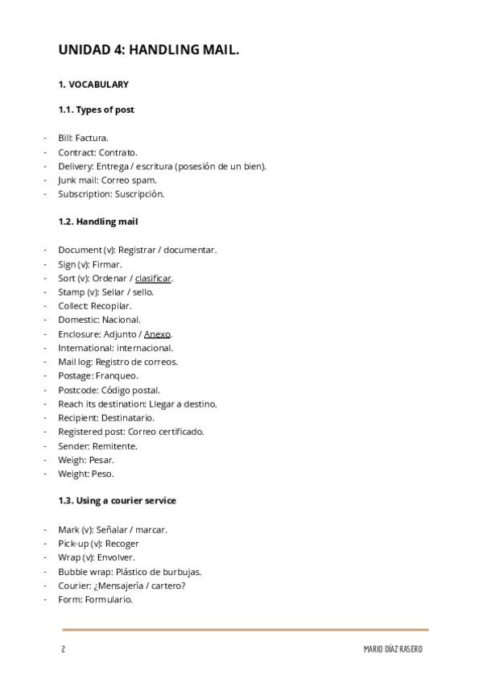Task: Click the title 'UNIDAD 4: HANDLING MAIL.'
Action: point(148,51)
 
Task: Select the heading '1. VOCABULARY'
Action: point(93,84)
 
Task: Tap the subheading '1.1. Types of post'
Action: point(96,110)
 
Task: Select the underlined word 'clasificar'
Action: point(153,278)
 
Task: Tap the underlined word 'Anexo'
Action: point(157,333)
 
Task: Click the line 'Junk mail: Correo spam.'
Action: point(107,180)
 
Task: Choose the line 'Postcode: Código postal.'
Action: point(109,390)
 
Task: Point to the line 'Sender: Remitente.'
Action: point(97,445)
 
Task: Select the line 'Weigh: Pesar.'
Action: point(86,459)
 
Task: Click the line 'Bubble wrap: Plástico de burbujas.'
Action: point(130,571)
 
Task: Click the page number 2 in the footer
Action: point(63,649)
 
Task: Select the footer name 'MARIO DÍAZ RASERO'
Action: point(392,649)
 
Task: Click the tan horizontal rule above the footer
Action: point(246,629)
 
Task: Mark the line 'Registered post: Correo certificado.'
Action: point(130,432)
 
